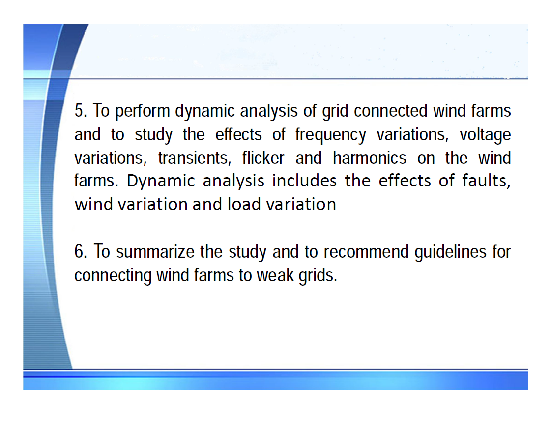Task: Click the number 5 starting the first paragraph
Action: (x=79, y=111)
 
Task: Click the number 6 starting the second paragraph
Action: (x=79, y=252)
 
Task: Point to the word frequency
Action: (x=331, y=134)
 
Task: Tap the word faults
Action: (x=486, y=181)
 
